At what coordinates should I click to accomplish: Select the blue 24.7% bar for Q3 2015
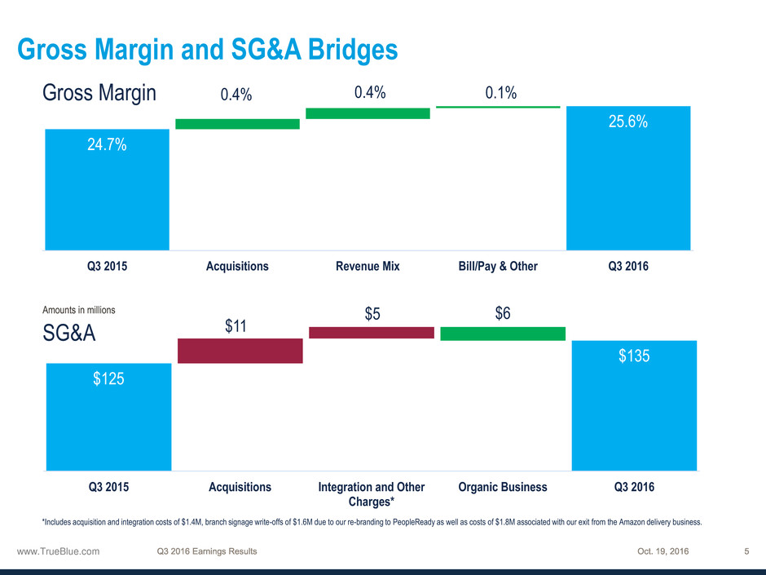coord(107,189)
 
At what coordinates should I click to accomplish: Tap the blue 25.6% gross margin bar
coord(628,178)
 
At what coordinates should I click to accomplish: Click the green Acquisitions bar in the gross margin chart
coord(237,124)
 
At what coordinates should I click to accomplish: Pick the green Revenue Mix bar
coord(368,113)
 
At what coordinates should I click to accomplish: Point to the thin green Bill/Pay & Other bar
coord(498,107)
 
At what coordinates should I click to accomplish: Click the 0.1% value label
coord(500,94)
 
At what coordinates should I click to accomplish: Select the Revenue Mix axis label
coord(368,266)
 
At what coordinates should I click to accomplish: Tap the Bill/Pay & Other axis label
coord(497,266)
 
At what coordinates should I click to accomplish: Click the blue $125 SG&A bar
coord(108,417)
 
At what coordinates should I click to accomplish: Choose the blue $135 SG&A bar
coord(634,405)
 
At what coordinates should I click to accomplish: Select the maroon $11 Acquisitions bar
coord(240,351)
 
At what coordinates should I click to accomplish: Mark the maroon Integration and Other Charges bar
coord(372,332)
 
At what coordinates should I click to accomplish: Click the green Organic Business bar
coord(502,334)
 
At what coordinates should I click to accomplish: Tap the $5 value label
coord(373,313)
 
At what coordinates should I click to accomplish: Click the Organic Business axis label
coord(503,487)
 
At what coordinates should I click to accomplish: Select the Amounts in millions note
coord(78,310)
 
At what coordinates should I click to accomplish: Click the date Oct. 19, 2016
coord(663,551)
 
